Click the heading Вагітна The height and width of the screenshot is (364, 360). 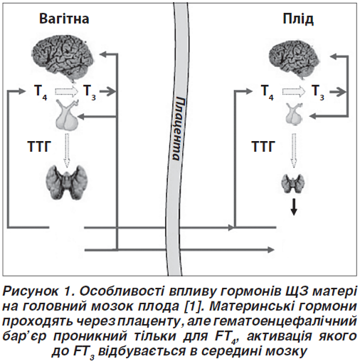tap(64, 19)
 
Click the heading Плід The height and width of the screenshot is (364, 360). tap(298, 19)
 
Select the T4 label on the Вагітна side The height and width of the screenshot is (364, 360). tap(41, 92)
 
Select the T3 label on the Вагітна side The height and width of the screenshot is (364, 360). tap(89, 92)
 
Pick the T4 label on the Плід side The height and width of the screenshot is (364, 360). tap(267, 92)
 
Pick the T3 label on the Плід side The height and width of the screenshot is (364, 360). tap(318, 92)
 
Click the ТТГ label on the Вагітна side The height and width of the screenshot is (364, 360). tap(39, 147)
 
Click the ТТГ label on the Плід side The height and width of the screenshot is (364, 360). tap(263, 147)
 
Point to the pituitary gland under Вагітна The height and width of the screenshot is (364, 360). tap(67, 115)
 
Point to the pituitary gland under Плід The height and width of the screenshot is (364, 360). tap(294, 114)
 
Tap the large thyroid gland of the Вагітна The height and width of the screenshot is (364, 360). tap(67, 182)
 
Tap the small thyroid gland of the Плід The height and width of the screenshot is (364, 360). tap(293, 183)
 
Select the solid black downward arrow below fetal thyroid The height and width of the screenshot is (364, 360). tap(294, 207)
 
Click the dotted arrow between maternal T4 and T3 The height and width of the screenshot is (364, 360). tap(66, 91)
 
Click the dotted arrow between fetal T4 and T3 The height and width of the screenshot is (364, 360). tap(294, 92)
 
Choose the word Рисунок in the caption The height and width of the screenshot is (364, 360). tap(30, 291)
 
